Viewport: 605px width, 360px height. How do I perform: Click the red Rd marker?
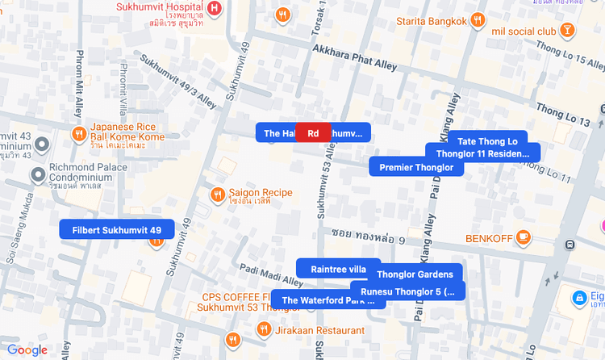pyautogui.click(x=313, y=133)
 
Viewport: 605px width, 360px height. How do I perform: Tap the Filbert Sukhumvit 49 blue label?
pyautogui.click(x=117, y=230)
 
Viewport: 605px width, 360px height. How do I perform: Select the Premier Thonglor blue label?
pyautogui.click(x=417, y=167)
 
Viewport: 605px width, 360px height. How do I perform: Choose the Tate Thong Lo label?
pyautogui.click(x=486, y=141)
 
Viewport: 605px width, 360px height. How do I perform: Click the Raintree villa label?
pyautogui.click(x=338, y=269)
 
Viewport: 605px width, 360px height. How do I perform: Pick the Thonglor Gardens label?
pyautogui.click(x=415, y=274)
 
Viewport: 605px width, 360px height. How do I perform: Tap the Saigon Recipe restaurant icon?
pyautogui.click(x=217, y=195)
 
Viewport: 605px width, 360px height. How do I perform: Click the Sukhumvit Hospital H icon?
pyautogui.click(x=214, y=9)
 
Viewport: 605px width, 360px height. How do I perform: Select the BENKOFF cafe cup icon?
pyautogui.click(x=524, y=238)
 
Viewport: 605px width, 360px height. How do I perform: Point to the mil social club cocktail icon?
pyautogui.click(x=568, y=31)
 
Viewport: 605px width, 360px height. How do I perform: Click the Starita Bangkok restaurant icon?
pyautogui.click(x=478, y=21)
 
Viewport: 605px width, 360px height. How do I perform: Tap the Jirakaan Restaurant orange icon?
pyautogui.click(x=263, y=329)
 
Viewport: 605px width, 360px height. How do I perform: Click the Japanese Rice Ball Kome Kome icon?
pyautogui.click(x=79, y=133)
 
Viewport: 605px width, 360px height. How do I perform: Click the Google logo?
pyautogui.click(x=27, y=350)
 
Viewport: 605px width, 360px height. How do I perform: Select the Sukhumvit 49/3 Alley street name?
pyautogui.click(x=178, y=81)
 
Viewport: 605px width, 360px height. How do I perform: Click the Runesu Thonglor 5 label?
pyautogui.click(x=407, y=291)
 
